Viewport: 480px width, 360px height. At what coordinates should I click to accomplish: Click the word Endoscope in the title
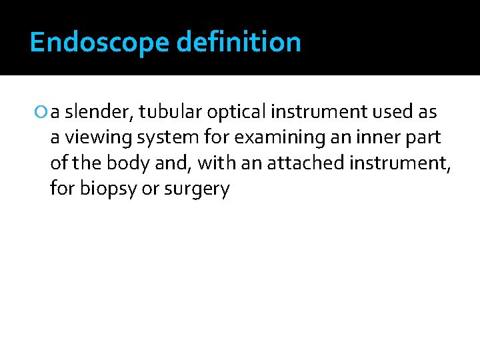[x=99, y=42]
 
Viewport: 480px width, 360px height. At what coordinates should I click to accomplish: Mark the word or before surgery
[x=151, y=189]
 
